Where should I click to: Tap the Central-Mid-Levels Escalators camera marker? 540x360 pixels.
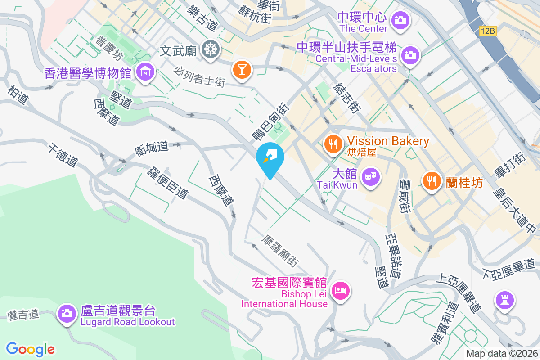[409, 56]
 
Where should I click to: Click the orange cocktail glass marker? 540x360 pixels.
[242, 70]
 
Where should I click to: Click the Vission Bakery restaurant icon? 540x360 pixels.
[333, 144]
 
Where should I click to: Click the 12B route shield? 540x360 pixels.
[487, 31]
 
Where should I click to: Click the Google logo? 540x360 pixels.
[30, 349]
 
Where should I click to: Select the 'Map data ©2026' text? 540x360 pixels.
[501, 354]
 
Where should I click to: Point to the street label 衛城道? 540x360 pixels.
[152, 147]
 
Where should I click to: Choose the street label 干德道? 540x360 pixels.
[63, 155]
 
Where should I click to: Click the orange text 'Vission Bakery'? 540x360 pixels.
[388, 141]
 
